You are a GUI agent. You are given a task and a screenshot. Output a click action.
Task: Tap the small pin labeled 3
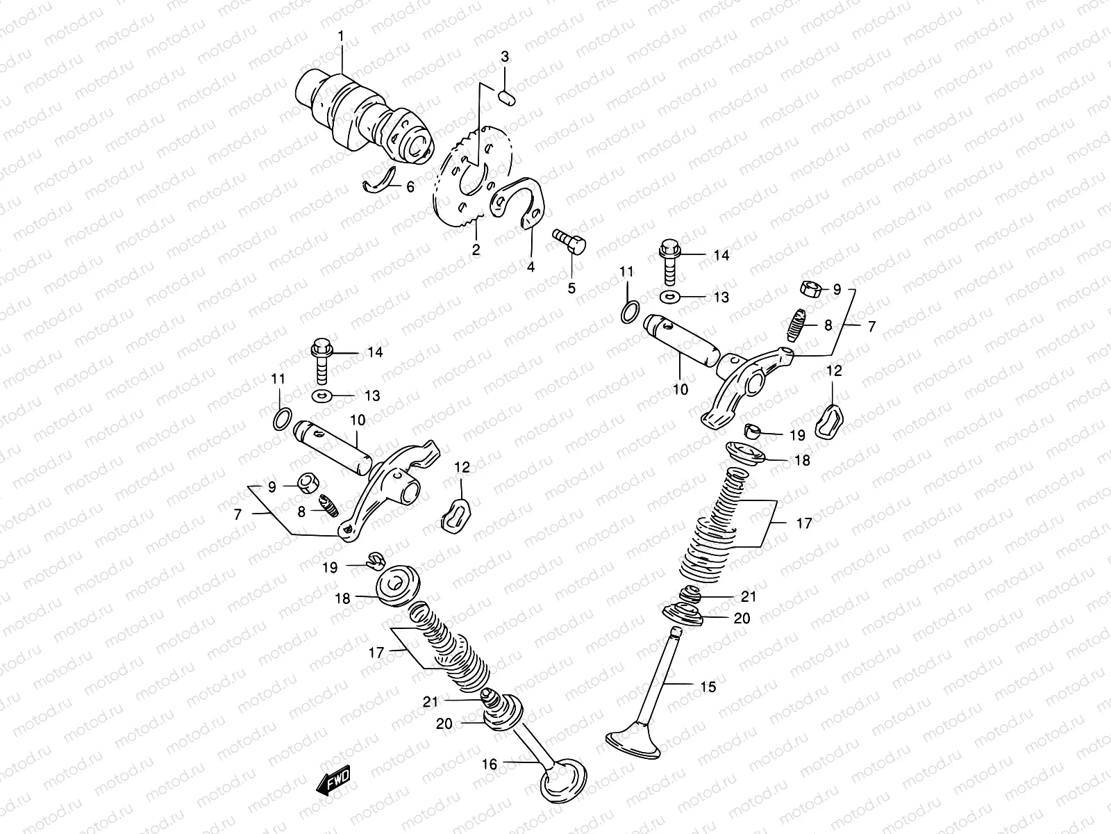point(506,97)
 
